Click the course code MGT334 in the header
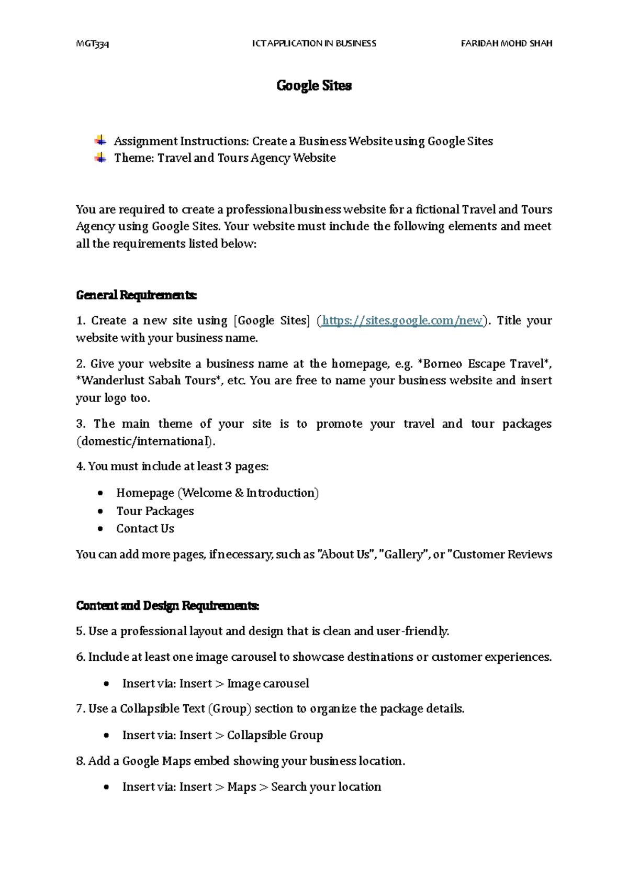92,44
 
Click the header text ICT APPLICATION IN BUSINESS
314,43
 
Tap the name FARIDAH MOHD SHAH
506,43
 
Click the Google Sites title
314,86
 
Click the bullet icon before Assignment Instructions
100,140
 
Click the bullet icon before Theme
100,157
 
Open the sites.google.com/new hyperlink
402,320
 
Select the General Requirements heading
136,295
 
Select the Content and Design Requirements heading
167,606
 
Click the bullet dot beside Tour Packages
100,511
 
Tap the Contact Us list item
145,529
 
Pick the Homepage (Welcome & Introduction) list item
217,493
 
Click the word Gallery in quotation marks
403,554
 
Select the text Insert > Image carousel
216,684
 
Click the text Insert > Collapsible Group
222,735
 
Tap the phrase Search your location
326,787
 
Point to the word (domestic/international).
145,441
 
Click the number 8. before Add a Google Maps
80,761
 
